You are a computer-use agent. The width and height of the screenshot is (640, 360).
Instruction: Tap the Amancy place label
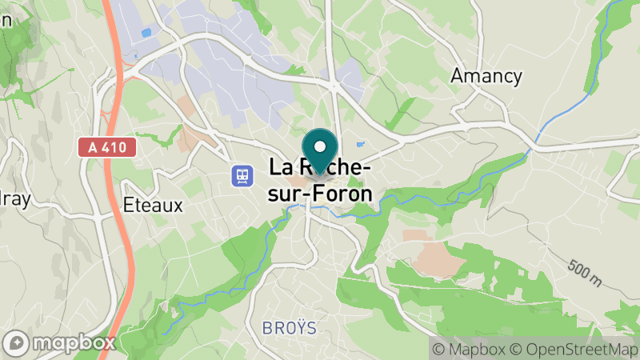[x=486, y=76]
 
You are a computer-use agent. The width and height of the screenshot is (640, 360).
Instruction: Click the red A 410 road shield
[x=107, y=148]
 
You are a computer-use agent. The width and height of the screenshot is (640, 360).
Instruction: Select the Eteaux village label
[x=154, y=205]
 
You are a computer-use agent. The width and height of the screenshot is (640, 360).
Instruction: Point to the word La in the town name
[x=280, y=170]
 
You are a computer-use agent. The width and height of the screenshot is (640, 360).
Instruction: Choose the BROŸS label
[x=289, y=328]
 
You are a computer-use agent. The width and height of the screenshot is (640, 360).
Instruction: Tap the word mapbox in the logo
[x=68, y=343]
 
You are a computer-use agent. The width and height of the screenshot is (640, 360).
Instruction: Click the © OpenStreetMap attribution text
[x=574, y=349]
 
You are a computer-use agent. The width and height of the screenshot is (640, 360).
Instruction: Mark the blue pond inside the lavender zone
[x=146, y=32]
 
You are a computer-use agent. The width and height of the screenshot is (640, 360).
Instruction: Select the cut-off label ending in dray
[x=14, y=200]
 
